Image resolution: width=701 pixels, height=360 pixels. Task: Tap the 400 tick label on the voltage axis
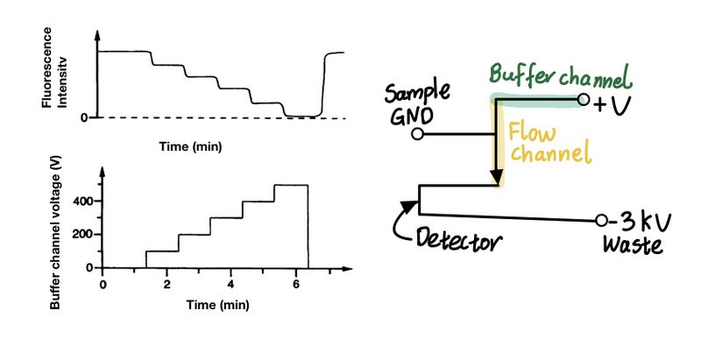click(x=81, y=201)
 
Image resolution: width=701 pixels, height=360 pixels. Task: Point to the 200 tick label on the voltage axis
click(x=81, y=235)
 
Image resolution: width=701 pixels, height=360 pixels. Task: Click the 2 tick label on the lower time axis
click(x=166, y=285)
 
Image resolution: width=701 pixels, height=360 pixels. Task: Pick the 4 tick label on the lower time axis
click(x=230, y=285)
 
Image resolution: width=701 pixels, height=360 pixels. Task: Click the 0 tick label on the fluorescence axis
click(x=84, y=117)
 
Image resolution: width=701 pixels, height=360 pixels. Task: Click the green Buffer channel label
click(x=559, y=77)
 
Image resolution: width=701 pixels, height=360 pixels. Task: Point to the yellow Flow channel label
click(x=548, y=145)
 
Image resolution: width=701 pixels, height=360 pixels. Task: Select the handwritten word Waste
click(x=632, y=245)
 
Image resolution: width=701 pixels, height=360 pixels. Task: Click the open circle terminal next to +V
click(x=584, y=102)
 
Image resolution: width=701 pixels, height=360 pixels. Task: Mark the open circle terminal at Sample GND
click(x=418, y=135)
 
